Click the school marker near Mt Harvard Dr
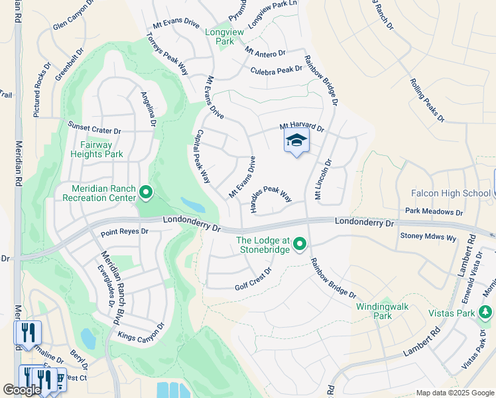[296, 141]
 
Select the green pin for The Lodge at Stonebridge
[300, 245]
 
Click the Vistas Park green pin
[485, 311]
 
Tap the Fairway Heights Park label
[97, 149]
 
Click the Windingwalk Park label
[383, 311]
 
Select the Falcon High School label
[450, 193]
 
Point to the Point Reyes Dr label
[125, 233]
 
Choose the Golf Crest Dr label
[254, 280]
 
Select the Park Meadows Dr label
[434, 212]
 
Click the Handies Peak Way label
[272, 200]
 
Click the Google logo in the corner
[22, 390]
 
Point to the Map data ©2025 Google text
[454, 393]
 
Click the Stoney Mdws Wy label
[428, 235]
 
